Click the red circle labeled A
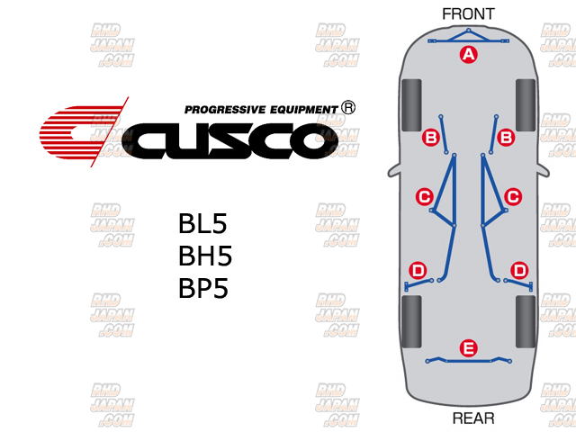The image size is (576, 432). pos(467,55)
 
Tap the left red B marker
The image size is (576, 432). pos(430,137)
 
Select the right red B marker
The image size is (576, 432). pos(506,137)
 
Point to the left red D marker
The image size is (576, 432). pos(418,270)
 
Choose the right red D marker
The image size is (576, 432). pos(519,270)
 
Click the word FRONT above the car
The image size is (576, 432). pos(469,13)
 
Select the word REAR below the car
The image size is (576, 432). pos(472,418)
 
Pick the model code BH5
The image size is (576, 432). pos(205,256)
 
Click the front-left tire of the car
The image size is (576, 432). pos(412,104)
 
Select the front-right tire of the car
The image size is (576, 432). pos(526,104)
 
